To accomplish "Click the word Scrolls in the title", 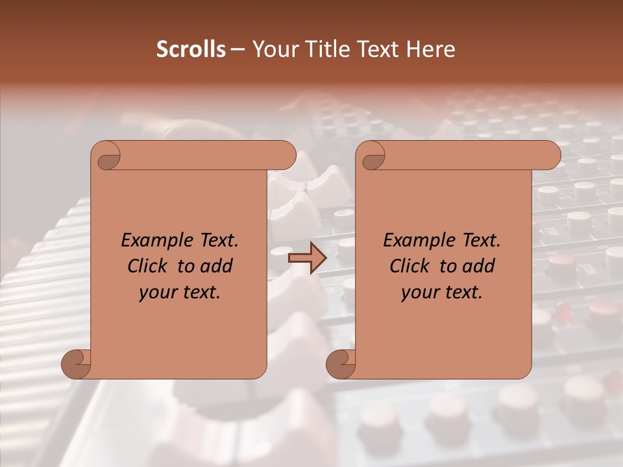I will coord(191,49).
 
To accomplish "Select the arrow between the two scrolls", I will coord(307,258).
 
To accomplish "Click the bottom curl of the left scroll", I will coord(77,363).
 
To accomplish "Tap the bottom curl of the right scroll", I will coord(341,363).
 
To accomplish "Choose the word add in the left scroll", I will coord(217,266).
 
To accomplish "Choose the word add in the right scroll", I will coord(480,266).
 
